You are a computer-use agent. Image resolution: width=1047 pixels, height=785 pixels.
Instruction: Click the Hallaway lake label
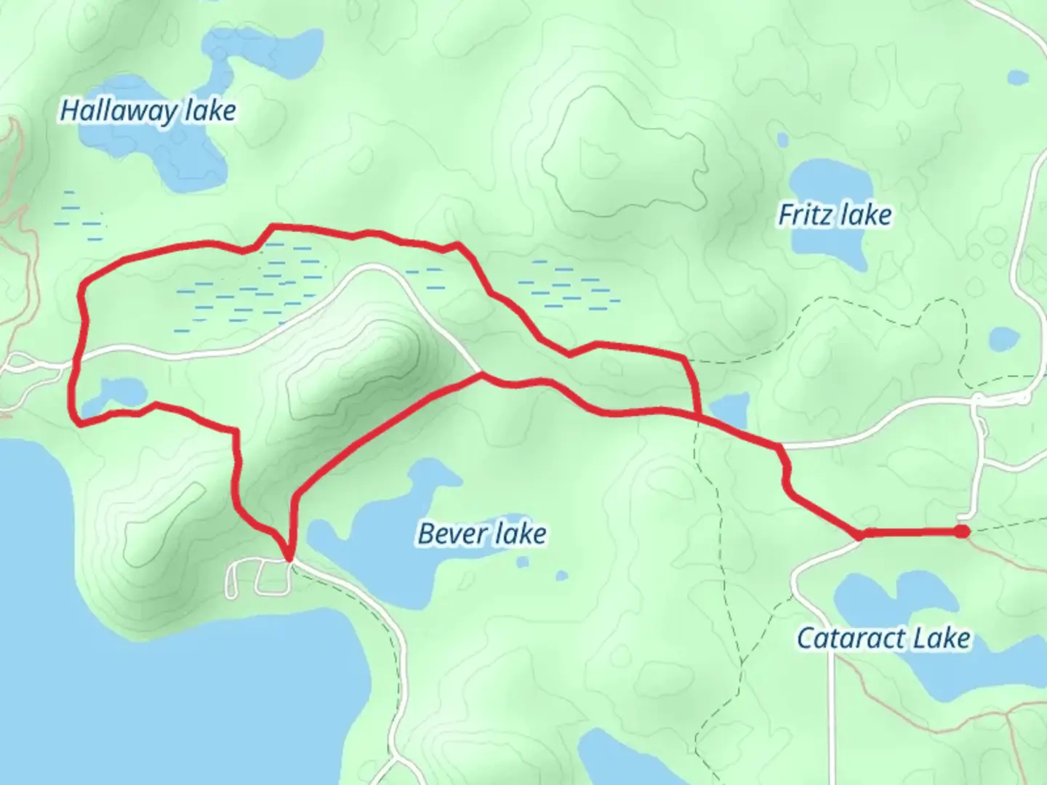pyautogui.click(x=148, y=111)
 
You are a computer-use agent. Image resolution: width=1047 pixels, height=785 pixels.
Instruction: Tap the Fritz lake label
pyautogui.click(x=835, y=215)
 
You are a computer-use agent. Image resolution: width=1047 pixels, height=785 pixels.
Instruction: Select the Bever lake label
pyautogui.click(x=482, y=534)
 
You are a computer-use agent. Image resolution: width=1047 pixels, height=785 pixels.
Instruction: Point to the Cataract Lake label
pyautogui.click(x=883, y=639)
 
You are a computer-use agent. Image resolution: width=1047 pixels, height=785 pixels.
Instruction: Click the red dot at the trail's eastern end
pyautogui.click(x=962, y=532)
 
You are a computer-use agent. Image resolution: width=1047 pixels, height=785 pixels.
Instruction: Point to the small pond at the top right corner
pyautogui.click(x=1018, y=76)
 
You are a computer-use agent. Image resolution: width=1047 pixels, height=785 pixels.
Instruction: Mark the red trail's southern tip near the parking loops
pyautogui.click(x=289, y=558)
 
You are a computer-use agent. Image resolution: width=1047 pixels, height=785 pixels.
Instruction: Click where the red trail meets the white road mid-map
pyautogui.click(x=481, y=374)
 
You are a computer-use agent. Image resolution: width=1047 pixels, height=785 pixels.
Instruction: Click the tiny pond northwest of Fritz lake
pyautogui.click(x=782, y=139)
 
